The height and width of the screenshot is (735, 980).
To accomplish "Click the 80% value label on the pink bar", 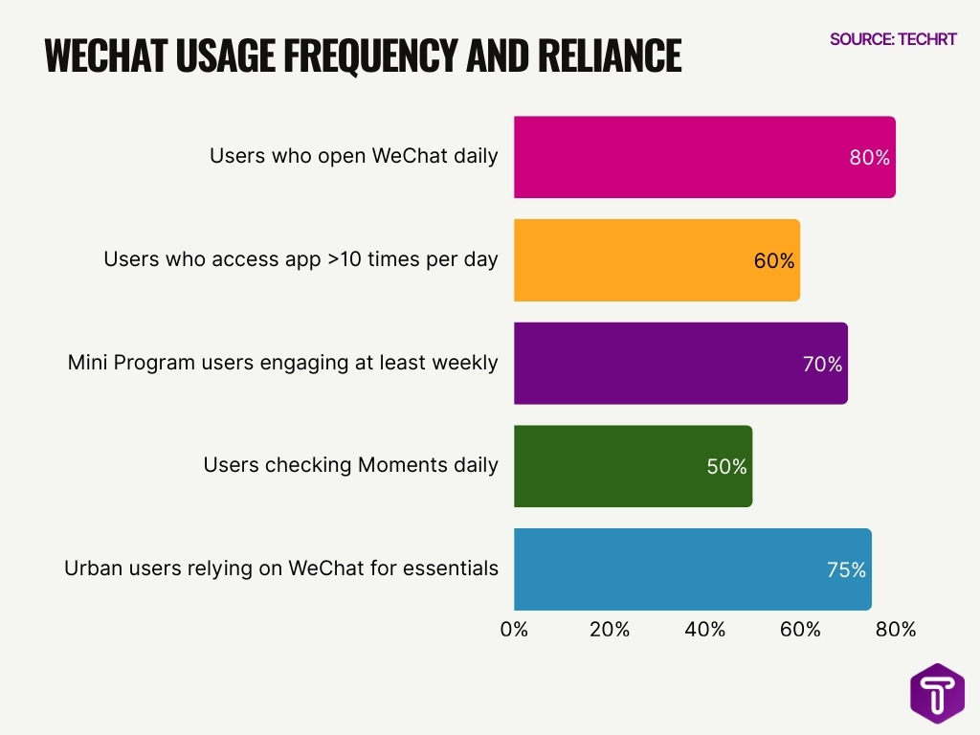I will [870, 158].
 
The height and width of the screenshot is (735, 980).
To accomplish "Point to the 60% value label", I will [774, 260].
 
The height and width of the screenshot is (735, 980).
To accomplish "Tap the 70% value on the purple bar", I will [822, 364].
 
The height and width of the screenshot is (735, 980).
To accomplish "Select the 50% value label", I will [726, 467].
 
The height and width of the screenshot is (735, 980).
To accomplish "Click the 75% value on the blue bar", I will [846, 569].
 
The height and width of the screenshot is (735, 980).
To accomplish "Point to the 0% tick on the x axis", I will [514, 629].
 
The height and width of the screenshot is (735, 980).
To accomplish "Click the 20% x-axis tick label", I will [610, 629].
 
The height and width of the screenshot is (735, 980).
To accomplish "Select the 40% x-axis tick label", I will [705, 629].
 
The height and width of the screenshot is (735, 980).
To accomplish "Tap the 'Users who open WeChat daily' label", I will [354, 155].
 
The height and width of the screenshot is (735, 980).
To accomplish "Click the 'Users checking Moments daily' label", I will [350, 465].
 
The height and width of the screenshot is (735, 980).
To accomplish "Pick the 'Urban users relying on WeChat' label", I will [281, 568].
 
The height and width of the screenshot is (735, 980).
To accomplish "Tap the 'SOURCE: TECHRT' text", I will [893, 39].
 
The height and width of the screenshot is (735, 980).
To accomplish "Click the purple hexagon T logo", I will [937, 693].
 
